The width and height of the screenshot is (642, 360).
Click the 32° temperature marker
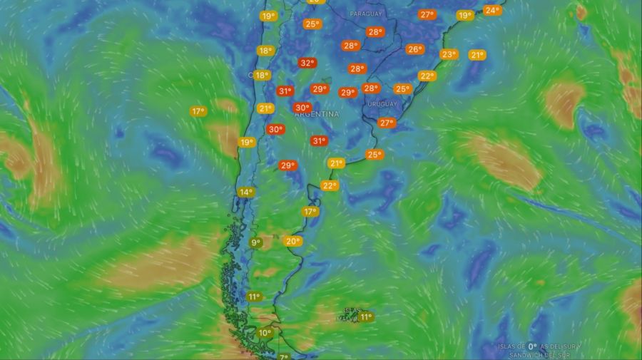(x=307, y=63)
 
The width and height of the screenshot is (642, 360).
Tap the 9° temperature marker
(x=255, y=242)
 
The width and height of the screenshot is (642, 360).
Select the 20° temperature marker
(x=292, y=241)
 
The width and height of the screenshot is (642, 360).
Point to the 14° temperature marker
(x=246, y=192)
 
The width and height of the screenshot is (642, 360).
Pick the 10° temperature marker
(x=265, y=333)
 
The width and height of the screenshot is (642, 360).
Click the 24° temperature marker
(x=491, y=10)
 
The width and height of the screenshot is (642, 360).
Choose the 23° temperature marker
(x=449, y=54)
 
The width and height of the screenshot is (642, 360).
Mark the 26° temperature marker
(x=414, y=49)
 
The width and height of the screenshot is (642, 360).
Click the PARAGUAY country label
(x=366, y=14)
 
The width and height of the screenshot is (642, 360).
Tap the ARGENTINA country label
(x=316, y=114)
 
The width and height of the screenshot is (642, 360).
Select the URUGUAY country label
(x=382, y=104)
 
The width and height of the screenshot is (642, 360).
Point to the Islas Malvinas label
(x=350, y=314)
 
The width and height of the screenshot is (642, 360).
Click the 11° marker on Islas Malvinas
(x=367, y=317)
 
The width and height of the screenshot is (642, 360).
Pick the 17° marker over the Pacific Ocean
(x=198, y=110)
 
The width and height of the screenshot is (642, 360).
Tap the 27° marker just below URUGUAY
(x=386, y=123)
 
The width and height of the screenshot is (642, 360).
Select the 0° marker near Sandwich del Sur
(x=532, y=346)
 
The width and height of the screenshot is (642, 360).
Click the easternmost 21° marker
(x=477, y=55)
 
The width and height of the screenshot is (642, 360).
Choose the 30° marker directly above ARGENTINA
(x=302, y=108)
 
